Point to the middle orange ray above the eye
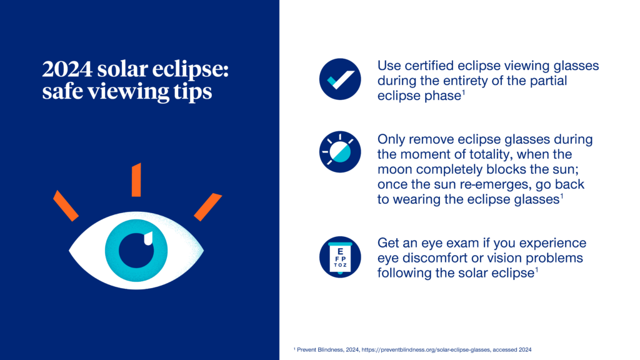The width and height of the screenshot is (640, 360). [136, 179]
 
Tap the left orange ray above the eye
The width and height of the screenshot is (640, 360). [66, 205]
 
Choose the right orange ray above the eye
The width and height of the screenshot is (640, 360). [207, 206]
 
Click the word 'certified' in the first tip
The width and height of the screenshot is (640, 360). [428, 66]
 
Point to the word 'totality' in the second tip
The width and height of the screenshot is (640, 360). [497, 154]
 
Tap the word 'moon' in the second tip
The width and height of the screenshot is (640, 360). [395, 170]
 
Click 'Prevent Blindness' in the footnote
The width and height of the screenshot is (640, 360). [317, 348]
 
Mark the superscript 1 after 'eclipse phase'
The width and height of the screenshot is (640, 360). [464, 92]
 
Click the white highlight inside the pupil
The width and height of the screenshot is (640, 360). [147, 238]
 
